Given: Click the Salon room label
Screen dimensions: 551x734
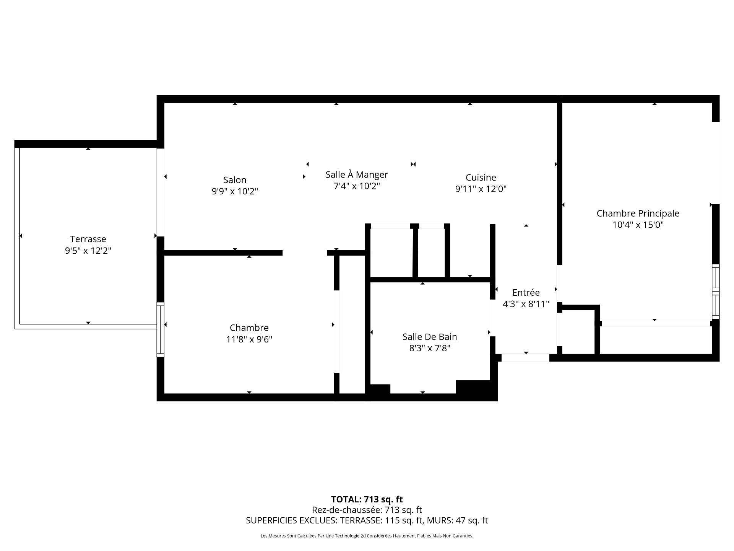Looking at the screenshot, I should pyautogui.click(x=235, y=180).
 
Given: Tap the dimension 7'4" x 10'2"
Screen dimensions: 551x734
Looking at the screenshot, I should pyautogui.click(x=357, y=186).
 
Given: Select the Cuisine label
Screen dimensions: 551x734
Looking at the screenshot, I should pyautogui.click(x=481, y=178).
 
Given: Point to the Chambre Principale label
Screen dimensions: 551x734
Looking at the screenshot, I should pyautogui.click(x=638, y=214).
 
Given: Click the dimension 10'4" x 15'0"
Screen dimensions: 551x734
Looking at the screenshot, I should pyautogui.click(x=638, y=225).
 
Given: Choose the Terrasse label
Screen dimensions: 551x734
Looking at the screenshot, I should pyautogui.click(x=88, y=239).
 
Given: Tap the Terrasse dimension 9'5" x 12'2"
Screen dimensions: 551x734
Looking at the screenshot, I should pyautogui.click(x=88, y=251).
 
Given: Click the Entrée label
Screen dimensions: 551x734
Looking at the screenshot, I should pyautogui.click(x=526, y=293).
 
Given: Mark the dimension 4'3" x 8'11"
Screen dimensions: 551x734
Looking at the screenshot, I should pyautogui.click(x=526, y=304).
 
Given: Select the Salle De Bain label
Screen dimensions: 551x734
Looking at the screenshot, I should pyautogui.click(x=429, y=337).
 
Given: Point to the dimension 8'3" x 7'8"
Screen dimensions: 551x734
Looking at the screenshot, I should pyautogui.click(x=429, y=348).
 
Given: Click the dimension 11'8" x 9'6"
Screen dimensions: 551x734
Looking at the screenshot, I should pyautogui.click(x=249, y=339).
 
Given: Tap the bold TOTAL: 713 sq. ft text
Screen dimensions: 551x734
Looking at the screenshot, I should pyautogui.click(x=367, y=499).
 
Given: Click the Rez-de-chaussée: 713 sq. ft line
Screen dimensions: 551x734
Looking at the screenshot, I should pyautogui.click(x=367, y=510).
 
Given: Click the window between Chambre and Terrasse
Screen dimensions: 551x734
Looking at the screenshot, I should pyautogui.click(x=161, y=329).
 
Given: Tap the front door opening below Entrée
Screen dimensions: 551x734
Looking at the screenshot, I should pyautogui.click(x=525, y=358).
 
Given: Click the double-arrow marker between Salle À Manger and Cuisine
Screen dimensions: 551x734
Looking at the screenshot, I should pyautogui.click(x=413, y=164).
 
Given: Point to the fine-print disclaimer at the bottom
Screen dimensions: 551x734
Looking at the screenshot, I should pyautogui.click(x=367, y=536).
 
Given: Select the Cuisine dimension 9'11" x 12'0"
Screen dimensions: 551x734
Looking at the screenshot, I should pyautogui.click(x=481, y=189).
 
